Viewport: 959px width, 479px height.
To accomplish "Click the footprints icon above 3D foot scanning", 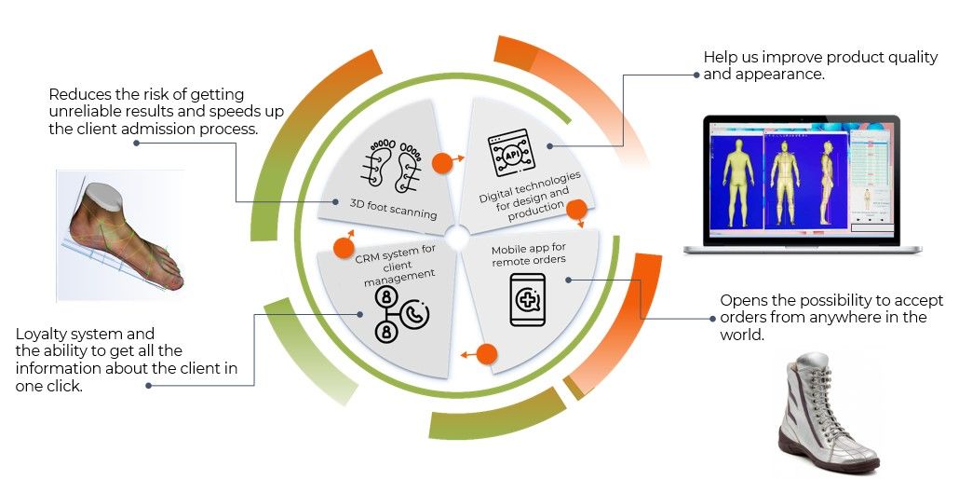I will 392,165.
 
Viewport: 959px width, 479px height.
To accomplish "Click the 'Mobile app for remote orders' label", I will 528,254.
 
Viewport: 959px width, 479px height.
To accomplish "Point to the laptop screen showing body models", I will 802,178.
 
